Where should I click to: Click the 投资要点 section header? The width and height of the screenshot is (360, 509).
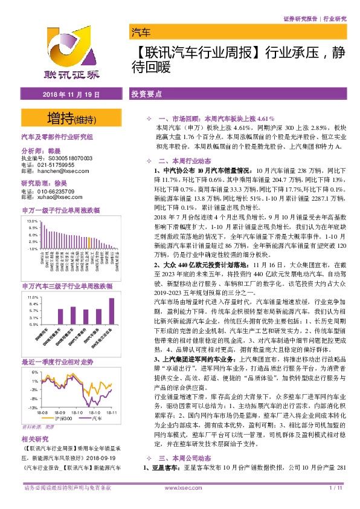click(147, 95)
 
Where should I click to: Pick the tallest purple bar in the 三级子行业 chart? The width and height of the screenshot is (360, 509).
click(111, 311)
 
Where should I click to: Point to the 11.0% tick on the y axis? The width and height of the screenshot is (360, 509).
click(33, 298)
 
